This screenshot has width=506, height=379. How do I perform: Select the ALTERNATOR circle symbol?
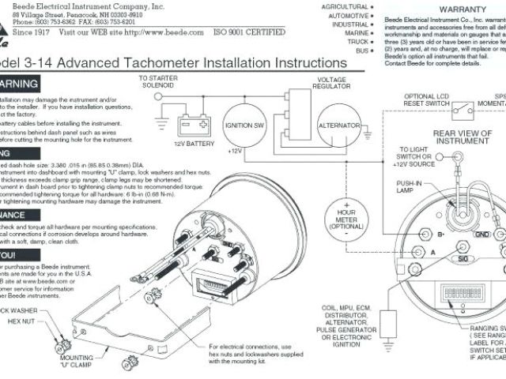tap(339, 126)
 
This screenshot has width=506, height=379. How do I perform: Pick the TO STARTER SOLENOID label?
tap(157, 82)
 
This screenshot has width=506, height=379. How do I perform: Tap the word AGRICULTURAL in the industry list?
tap(344, 6)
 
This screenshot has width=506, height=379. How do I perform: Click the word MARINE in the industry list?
tap(354, 33)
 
